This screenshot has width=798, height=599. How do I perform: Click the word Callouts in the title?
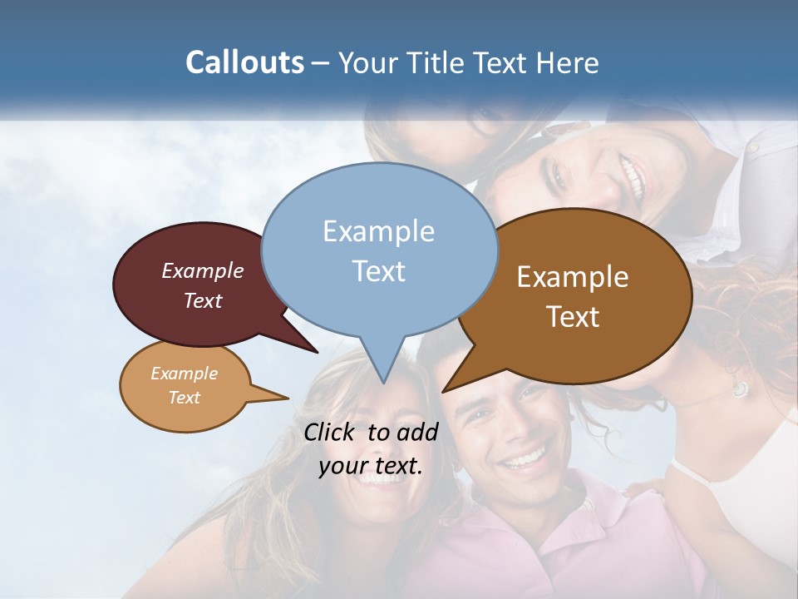244,63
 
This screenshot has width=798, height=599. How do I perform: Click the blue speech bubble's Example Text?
379,251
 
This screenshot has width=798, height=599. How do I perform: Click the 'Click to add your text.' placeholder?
371,449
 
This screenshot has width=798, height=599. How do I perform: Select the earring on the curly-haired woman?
739,387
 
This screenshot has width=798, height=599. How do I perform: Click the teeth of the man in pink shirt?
525,458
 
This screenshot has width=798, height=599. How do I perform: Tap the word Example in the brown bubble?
573,277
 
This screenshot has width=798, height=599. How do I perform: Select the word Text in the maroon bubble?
203,301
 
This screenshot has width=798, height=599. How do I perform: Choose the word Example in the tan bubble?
185,374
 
